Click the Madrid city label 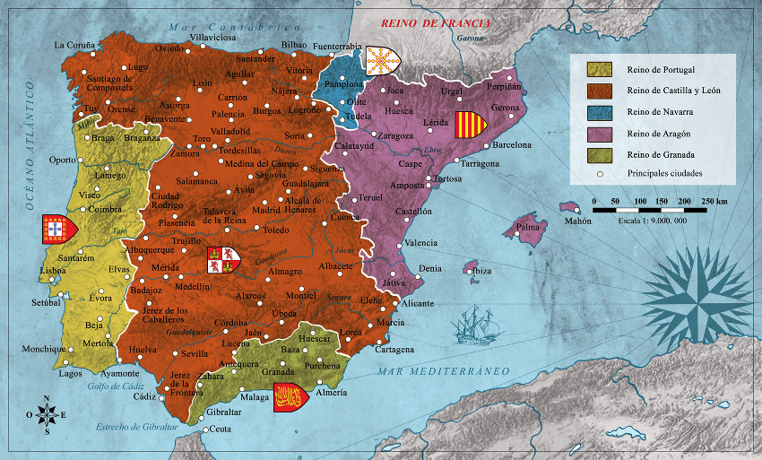coord(266,211)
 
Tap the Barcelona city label coord(512,144)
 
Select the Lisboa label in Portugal coord(53,270)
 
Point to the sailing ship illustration coord(472,324)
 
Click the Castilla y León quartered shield coord(223,260)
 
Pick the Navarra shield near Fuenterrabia coord(383,61)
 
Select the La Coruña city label coord(74,44)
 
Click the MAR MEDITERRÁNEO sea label coord(443,371)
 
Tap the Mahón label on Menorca coord(578,221)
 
